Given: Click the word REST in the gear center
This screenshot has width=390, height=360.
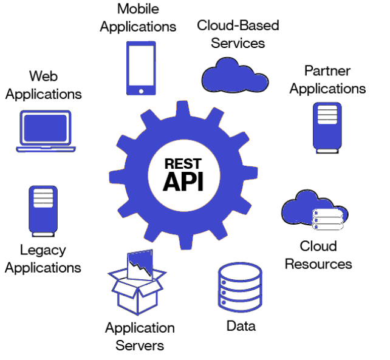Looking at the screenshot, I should pyautogui.click(x=183, y=164).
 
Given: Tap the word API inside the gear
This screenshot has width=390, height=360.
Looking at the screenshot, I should pyautogui.click(x=183, y=181).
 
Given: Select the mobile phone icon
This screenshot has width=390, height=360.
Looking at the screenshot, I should pyautogui.click(x=141, y=68).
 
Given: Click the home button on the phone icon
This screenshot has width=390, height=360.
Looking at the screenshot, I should pyautogui.click(x=141, y=91).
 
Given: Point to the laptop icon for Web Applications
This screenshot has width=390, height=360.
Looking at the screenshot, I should pyautogui.click(x=46, y=131).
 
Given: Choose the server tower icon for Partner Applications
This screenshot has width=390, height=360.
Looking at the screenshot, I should pyautogui.click(x=327, y=126).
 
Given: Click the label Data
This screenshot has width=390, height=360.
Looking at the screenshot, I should pyautogui.click(x=241, y=326).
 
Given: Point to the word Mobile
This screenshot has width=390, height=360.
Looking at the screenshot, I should pyautogui.click(x=139, y=10).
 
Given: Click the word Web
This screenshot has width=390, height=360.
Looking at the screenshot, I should pyautogui.click(x=43, y=76).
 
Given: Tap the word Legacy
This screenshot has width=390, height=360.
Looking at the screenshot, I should pyautogui.click(x=43, y=250).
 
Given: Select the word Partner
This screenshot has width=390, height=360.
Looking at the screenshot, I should pyautogui.click(x=327, y=70).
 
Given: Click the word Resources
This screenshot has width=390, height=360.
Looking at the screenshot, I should pyautogui.click(x=318, y=264).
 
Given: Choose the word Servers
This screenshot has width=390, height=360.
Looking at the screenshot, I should pyautogui.click(x=140, y=345).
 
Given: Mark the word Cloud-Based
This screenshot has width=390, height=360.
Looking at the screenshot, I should pyautogui.click(x=238, y=25).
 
